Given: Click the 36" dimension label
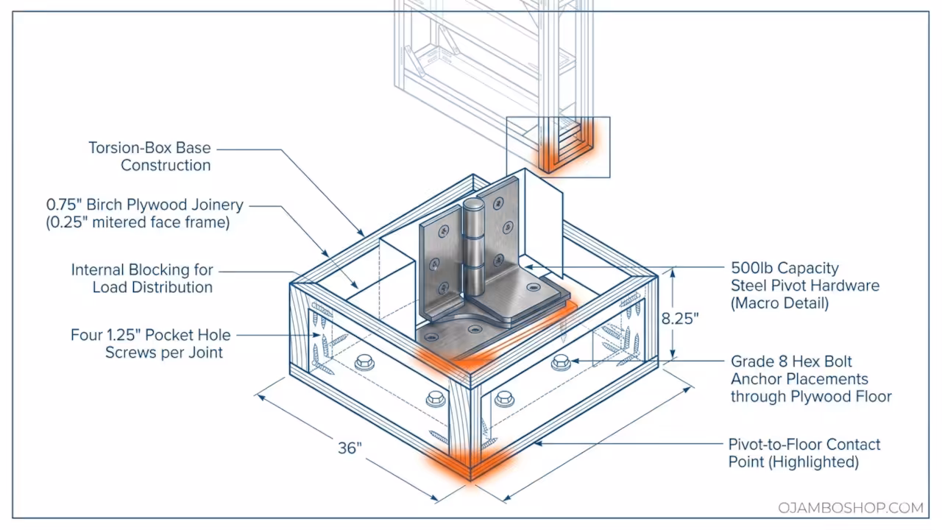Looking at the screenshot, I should click(350, 448).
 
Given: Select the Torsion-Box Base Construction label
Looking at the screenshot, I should click(150, 156).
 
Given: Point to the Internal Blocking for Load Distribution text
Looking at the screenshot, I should click(142, 278).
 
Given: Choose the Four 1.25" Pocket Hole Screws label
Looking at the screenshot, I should click(151, 343).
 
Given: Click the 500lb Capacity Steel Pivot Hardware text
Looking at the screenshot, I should click(804, 277).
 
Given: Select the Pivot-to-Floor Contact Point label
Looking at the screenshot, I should click(804, 453).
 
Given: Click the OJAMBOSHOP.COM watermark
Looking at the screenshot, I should click(850, 508).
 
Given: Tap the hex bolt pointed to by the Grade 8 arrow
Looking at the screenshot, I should click(561, 361).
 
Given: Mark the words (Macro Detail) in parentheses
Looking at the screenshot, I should click(779, 303).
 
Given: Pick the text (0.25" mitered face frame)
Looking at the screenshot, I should click(138, 222).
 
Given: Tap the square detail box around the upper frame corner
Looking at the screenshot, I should click(559, 147).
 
